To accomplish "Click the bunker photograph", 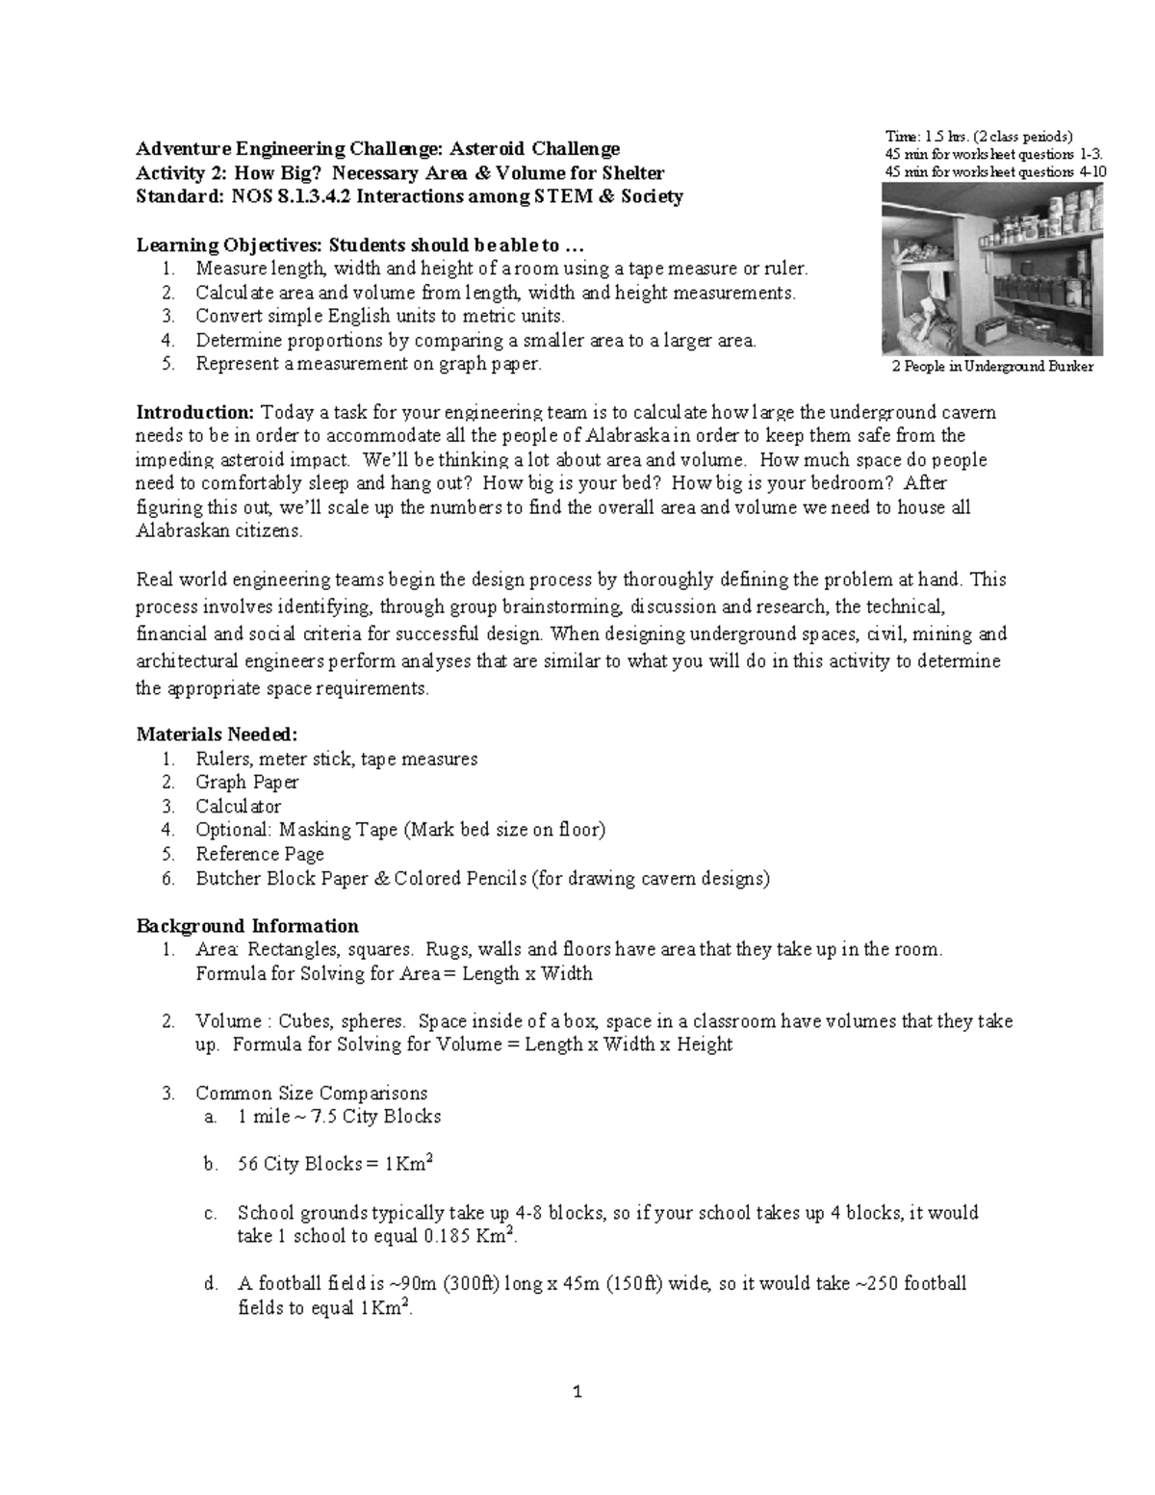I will [x=992, y=270].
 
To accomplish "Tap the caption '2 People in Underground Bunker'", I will [x=992, y=367].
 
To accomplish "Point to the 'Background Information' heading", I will [x=247, y=926].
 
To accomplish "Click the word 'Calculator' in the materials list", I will [x=238, y=807].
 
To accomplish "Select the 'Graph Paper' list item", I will [x=246, y=783].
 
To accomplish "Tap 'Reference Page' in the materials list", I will [x=259, y=854].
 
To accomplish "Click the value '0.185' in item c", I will [x=444, y=1237].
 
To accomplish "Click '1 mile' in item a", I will [x=261, y=1117].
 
